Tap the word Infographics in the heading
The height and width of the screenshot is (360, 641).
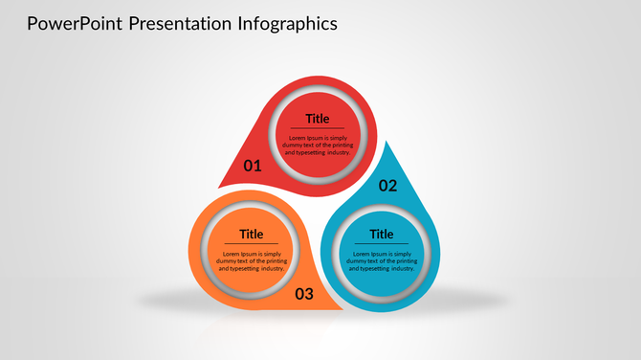click(x=285, y=23)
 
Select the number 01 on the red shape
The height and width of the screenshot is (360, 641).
click(x=253, y=166)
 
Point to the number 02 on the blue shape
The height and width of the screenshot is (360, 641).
click(x=387, y=186)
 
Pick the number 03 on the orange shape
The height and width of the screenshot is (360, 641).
click(x=303, y=294)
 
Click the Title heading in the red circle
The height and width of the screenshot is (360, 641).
click(x=318, y=119)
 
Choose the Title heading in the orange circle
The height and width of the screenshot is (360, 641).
click(x=252, y=234)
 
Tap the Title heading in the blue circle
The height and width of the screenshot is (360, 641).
click(x=382, y=234)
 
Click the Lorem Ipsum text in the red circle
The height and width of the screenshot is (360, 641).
click(x=318, y=145)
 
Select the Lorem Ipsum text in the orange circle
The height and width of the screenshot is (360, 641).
click(x=252, y=260)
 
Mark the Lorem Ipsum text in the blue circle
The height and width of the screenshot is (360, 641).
click(x=382, y=260)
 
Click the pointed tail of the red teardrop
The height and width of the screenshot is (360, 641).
click(x=226, y=183)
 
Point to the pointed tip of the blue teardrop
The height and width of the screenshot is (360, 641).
click(x=385, y=146)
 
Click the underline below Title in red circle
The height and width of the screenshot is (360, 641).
click(x=318, y=128)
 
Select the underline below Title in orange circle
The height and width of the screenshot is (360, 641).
click(x=252, y=243)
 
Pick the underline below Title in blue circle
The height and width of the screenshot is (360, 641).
click(x=382, y=243)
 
